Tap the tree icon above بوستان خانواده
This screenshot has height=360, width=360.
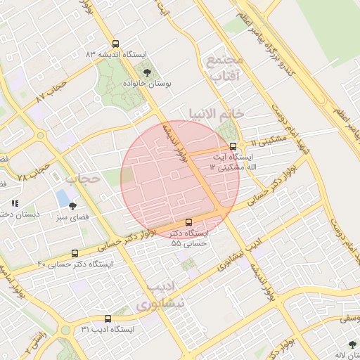point(147,72)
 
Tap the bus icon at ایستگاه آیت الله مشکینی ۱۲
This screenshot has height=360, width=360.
point(233,147)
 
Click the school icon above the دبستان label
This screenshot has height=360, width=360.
point(15,203)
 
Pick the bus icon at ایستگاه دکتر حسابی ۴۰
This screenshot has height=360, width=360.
point(75,253)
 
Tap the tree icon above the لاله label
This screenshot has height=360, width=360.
point(352,345)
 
